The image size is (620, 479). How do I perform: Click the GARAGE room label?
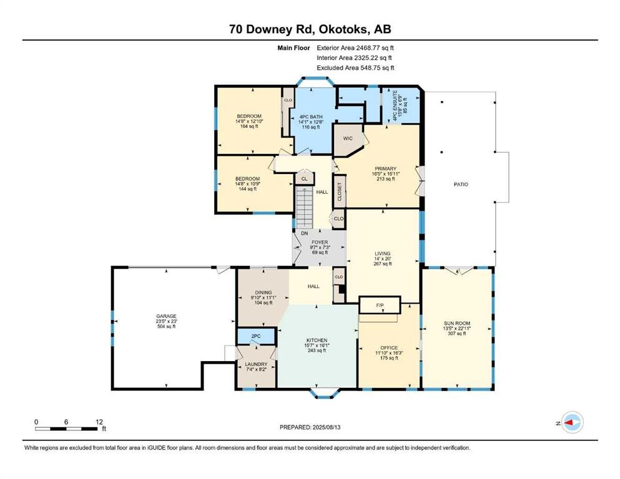[166, 316]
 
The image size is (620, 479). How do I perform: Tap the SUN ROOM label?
[456, 323]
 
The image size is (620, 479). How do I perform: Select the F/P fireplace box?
[380, 305]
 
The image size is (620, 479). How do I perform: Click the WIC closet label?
[348, 138]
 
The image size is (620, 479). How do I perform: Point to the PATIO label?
[461, 185]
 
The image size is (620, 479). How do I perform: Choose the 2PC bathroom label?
[256, 336]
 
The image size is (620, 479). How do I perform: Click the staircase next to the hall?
[305, 208]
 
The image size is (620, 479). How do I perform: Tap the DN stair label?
[304, 233]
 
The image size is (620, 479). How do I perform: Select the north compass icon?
[572, 422]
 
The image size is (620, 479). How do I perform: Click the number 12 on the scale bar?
[99, 422]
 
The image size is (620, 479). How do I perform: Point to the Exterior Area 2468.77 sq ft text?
[355, 48]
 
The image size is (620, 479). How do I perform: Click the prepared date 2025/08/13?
[327, 427]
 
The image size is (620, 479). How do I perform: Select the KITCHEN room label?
[317, 340]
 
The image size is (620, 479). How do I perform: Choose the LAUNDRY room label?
[256, 364]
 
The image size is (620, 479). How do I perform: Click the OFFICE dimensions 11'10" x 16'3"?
[389, 353]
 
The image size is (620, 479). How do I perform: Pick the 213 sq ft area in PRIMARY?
[385, 179]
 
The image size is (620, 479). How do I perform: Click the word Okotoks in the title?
[345, 29]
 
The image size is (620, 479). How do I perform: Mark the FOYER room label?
[320, 242]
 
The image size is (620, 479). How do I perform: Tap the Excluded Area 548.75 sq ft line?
[355, 67]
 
